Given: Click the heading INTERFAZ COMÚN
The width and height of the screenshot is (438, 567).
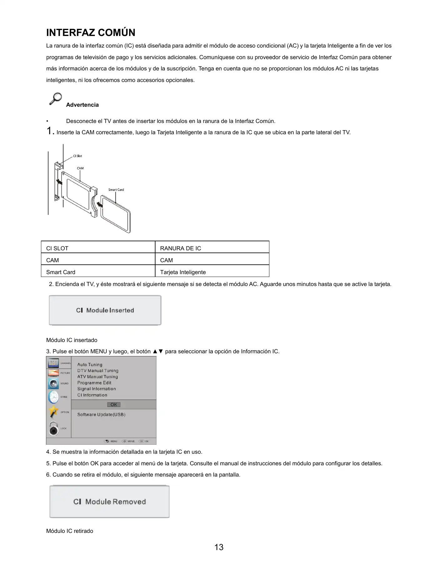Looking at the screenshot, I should coord(91,33).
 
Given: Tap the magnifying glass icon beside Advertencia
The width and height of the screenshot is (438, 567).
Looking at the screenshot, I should coord(56,99).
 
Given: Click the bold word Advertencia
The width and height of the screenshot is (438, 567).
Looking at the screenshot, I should coord(82,105).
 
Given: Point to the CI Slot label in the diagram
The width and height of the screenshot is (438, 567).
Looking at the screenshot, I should coord(78,156).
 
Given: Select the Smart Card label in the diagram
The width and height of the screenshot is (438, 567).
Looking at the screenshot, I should coord(116,190).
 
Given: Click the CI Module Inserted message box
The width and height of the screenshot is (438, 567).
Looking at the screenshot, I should coord(105,310).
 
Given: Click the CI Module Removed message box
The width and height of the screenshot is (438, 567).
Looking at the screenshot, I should coord(109,502).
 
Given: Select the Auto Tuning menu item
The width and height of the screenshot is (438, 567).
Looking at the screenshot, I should coord(90,365).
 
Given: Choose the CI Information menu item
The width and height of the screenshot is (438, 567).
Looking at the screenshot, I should coord(92,395).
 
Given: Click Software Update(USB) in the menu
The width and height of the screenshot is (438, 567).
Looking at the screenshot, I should coord(101,415).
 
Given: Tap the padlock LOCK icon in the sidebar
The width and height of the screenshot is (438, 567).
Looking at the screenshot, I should coord(53,429).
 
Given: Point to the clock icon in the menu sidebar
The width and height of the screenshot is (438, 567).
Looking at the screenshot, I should coord(53,397).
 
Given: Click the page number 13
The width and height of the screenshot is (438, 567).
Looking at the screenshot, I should coord(219,547).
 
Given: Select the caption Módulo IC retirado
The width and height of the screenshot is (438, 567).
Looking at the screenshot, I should coord(70,531).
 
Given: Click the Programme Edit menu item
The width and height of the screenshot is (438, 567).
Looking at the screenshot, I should coord(94,383).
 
